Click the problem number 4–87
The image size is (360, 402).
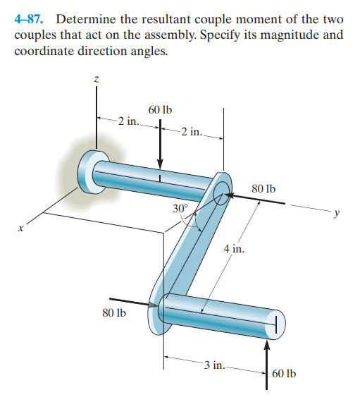pyautogui.click(x=28, y=19)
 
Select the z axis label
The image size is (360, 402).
pyautogui.click(x=97, y=80)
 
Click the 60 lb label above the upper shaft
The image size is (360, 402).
pyautogui.click(x=161, y=110)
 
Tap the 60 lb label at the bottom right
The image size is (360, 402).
pyautogui.click(x=284, y=374)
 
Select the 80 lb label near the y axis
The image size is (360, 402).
pyautogui.click(x=263, y=189)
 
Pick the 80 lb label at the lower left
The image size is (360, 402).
pyautogui.click(x=114, y=313)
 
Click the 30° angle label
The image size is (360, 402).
pyautogui.click(x=180, y=209)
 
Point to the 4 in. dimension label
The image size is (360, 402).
pyautogui.click(x=234, y=248)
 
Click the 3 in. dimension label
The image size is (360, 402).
pyautogui.click(x=215, y=365)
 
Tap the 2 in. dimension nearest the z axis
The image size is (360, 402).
pyautogui.click(x=128, y=121)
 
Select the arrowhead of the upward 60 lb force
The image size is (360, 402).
pyautogui.click(x=267, y=345)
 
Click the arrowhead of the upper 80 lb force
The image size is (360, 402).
pyautogui.click(x=230, y=195)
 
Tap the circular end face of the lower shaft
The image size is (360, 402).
pyautogui.click(x=275, y=324)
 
